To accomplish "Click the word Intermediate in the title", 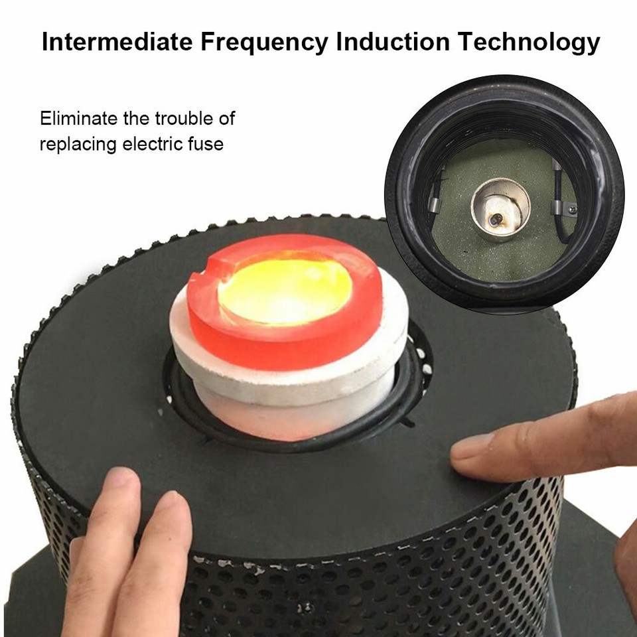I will tap(114, 42).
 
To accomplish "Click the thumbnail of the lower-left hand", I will tap(120, 480).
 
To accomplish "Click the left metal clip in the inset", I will tap(433, 199).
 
